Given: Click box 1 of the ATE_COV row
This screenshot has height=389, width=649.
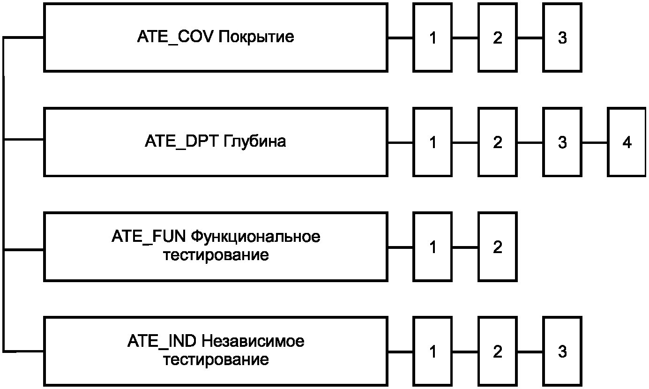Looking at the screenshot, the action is point(433,37).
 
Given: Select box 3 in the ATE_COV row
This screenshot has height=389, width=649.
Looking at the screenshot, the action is point(562,37).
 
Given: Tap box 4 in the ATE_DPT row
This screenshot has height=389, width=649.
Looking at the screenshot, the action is point(627,142).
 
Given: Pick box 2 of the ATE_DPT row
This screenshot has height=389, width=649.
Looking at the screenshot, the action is point(497,142).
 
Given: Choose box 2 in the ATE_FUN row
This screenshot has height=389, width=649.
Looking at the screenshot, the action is point(497,247).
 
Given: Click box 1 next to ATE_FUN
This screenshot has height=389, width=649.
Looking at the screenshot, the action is point(433,247).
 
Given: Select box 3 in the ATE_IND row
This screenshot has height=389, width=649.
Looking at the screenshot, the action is point(562,351).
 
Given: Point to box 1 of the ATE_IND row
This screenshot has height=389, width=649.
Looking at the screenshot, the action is point(433,351).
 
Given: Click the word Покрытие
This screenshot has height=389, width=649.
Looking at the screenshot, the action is point(256,37).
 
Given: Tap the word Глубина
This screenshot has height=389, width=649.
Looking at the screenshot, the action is point(252,141).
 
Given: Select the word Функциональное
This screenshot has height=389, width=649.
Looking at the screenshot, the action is point(256,237).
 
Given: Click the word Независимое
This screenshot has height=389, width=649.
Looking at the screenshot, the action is point(253,341).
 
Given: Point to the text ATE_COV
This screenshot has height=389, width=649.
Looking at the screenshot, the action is point(176,37).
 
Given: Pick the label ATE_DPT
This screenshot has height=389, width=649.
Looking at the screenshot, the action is point(180,141).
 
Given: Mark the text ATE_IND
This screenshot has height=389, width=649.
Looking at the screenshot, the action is point(162,341).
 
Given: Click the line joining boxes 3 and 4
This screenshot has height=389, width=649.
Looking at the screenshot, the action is point(595,142).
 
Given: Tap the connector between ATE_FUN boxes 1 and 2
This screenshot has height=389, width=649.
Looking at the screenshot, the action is point(465,247).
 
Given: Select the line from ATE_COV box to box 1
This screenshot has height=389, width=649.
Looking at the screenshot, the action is point(400,37).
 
